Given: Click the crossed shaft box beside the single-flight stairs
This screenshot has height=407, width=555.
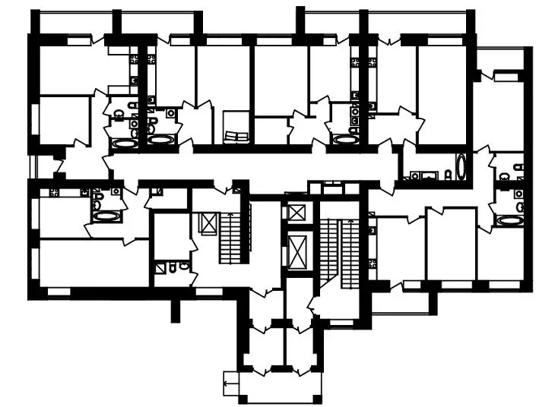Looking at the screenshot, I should [x=206, y=222].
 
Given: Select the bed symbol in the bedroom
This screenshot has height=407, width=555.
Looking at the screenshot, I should [x=236, y=136].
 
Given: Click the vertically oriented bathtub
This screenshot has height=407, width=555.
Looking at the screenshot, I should [x=461, y=167].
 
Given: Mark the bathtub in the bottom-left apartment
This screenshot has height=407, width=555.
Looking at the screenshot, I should [x=105, y=216].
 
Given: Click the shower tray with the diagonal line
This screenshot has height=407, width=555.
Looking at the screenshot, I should [x=161, y=267].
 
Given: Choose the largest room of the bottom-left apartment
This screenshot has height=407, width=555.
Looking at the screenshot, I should [x=91, y=263].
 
